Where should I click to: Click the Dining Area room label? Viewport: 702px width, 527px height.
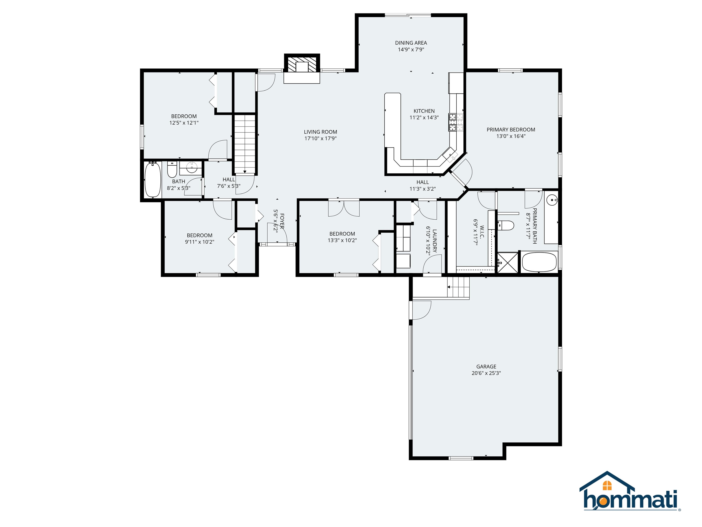[x=411, y=43]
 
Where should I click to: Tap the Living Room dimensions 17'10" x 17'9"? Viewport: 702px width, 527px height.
[x=321, y=139]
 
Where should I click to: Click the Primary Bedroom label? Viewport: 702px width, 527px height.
[x=511, y=130]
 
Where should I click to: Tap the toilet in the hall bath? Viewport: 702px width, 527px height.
[x=172, y=170]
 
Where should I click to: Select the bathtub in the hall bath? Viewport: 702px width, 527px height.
[x=153, y=180]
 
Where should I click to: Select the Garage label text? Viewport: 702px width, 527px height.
[x=486, y=367]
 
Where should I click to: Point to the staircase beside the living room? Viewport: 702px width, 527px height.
[x=245, y=144]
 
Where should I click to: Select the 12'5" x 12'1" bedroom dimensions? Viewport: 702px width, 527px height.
[x=184, y=123]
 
